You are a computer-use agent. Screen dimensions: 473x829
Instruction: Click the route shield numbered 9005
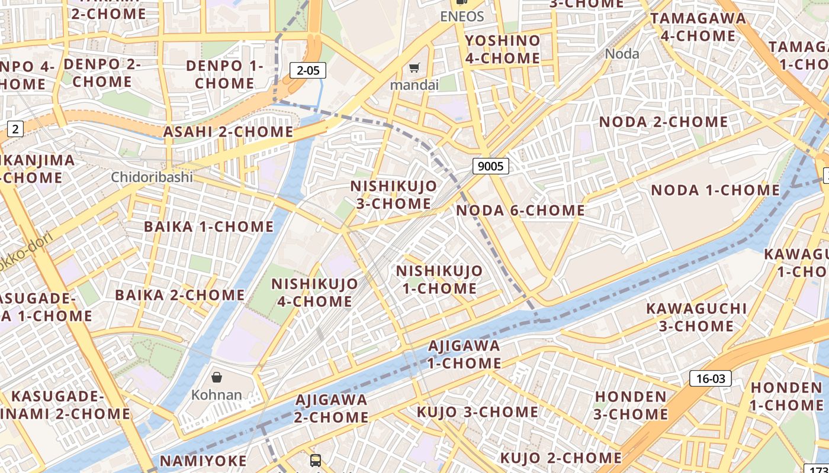tap(490, 166)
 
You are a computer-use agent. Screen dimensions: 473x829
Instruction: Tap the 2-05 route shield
tap(308, 71)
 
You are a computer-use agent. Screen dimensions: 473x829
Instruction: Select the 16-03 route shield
tap(710, 378)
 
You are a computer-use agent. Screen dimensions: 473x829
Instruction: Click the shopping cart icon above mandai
tap(415, 68)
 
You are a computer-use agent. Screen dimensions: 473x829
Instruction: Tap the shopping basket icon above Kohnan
tap(217, 377)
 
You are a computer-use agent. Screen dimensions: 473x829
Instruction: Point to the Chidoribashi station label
tap(152, 177)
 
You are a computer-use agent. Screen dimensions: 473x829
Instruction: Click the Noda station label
tap(622, 54)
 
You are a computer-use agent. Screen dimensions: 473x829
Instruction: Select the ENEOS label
tap(462, 17)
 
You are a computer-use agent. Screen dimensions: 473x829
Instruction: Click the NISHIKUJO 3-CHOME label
tap(394, 195)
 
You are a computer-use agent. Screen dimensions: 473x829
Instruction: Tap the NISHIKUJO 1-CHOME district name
tap(439, 280)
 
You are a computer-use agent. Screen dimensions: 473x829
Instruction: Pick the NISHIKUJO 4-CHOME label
tap(314, 292)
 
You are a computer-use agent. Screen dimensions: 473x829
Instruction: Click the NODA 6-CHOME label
tap(520, 210)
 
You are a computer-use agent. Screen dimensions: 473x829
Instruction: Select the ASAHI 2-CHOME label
tap(229, 132)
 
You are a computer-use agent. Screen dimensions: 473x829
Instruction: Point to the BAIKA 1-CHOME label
tap(209, 226)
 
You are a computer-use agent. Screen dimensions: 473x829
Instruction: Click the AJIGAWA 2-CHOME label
tap(332, 408)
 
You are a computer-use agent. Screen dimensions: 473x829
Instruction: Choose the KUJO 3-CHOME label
tap(477, 412)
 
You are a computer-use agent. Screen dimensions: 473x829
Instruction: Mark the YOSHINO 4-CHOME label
tap(503, 49)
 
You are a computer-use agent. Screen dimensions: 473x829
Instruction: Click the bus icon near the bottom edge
tap(316, 460)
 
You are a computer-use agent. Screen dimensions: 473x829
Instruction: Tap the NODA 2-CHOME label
tap(663, 122)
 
